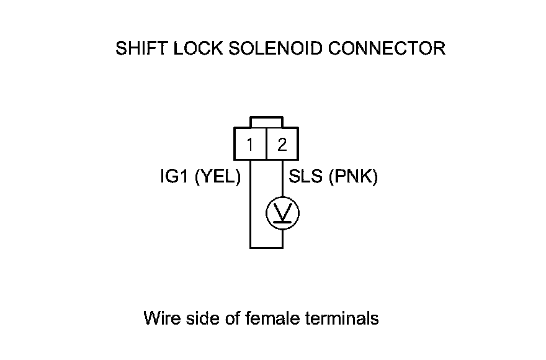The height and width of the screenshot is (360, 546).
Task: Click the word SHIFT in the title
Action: tap(136, 48)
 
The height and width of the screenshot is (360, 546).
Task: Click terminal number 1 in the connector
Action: tap(249, 145)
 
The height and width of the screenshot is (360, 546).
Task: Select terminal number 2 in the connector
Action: tap(282, 145)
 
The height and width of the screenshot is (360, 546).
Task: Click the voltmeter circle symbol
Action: tap(282, 214)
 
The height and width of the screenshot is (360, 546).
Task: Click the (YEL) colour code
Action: tap(218, 178)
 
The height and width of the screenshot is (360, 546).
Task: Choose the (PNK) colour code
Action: tap(353, 178)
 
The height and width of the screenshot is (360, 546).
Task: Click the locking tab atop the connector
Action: tap(266, 122)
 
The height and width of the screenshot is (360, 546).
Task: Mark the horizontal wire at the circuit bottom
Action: tap(266, 247)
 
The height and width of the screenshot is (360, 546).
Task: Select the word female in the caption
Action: tap(274, 319)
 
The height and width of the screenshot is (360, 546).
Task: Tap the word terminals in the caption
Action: tap(342, 319)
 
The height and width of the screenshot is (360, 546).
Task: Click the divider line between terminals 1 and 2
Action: tap(266, 145)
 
